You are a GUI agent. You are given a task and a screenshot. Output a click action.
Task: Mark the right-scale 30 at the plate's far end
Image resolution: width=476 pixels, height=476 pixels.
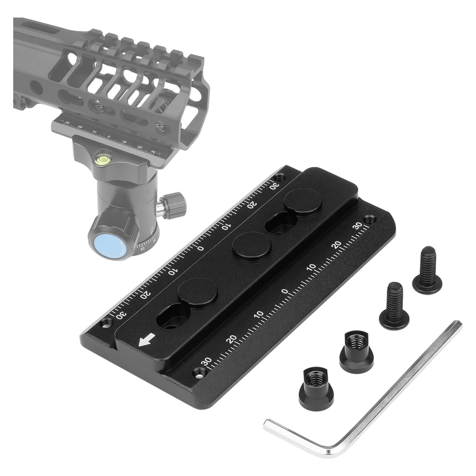358,226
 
